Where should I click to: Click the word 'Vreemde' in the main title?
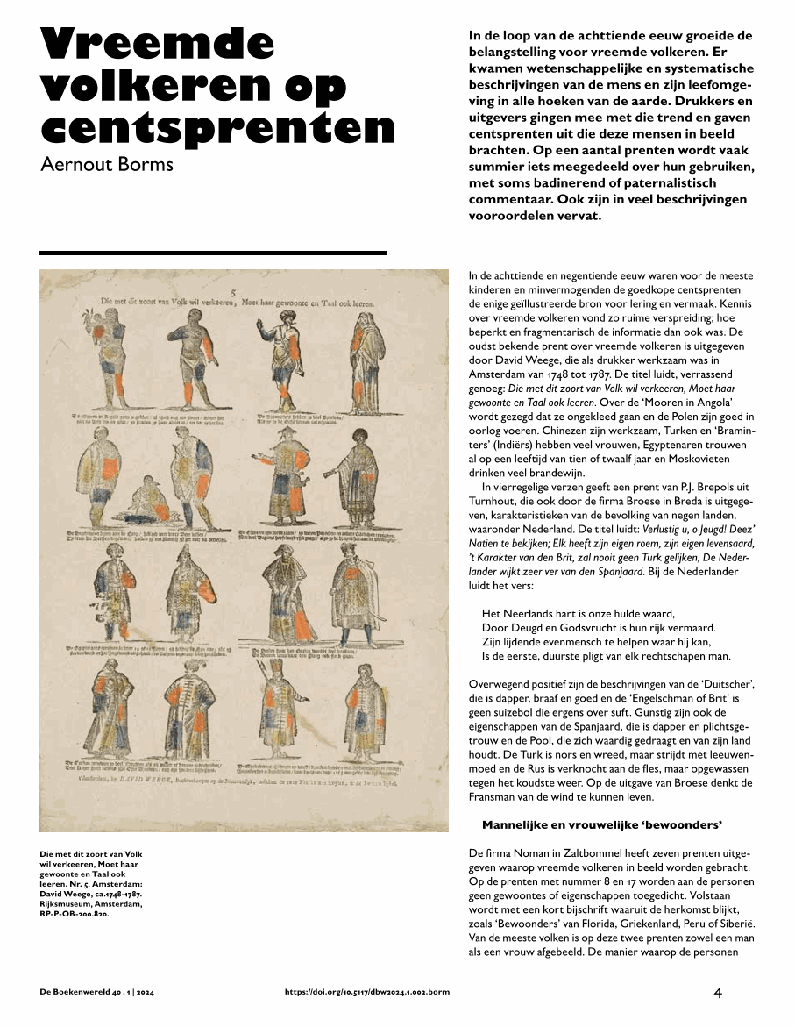tap(158, 44)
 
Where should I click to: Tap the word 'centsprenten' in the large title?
tap(218, 127)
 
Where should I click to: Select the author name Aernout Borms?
tap(107, 165)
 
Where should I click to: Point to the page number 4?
tap(718, 993)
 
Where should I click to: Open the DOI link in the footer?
tap(367, 992)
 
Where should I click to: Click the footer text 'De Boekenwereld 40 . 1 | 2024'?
tap(97, 992)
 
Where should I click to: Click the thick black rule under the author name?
tap(213, 253)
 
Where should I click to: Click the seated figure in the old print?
tap(151, 501)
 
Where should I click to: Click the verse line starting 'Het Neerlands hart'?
tap(579, 614)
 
